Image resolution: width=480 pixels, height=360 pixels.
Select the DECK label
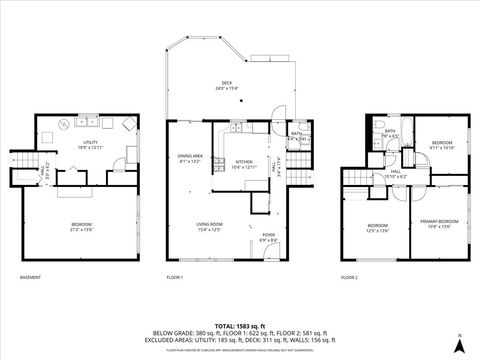coord(227,84)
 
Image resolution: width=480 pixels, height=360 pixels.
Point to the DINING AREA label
coord(191,156)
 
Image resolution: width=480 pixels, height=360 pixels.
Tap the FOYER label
coord(269,238)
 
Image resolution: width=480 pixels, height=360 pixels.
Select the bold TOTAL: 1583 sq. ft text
coord(239,326)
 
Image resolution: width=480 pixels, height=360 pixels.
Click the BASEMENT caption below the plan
coord(31,277)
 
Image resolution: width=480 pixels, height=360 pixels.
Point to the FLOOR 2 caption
coord(349,277)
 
